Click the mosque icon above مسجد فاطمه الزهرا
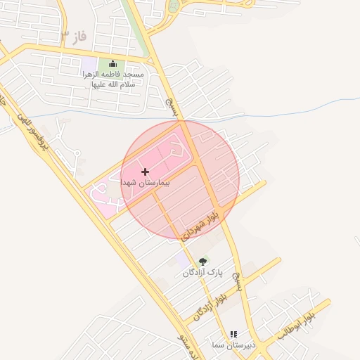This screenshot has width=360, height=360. [x=112, y=64]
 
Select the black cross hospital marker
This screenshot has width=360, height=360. [x=145, y=172]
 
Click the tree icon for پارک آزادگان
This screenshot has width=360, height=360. [x=203, y=262]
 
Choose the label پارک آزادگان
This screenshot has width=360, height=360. [x=202, y=272]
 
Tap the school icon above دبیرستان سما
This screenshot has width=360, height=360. [x=233, y=335]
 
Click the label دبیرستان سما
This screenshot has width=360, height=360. [x=232, y=345]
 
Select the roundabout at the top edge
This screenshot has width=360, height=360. [x=174, y=6]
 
